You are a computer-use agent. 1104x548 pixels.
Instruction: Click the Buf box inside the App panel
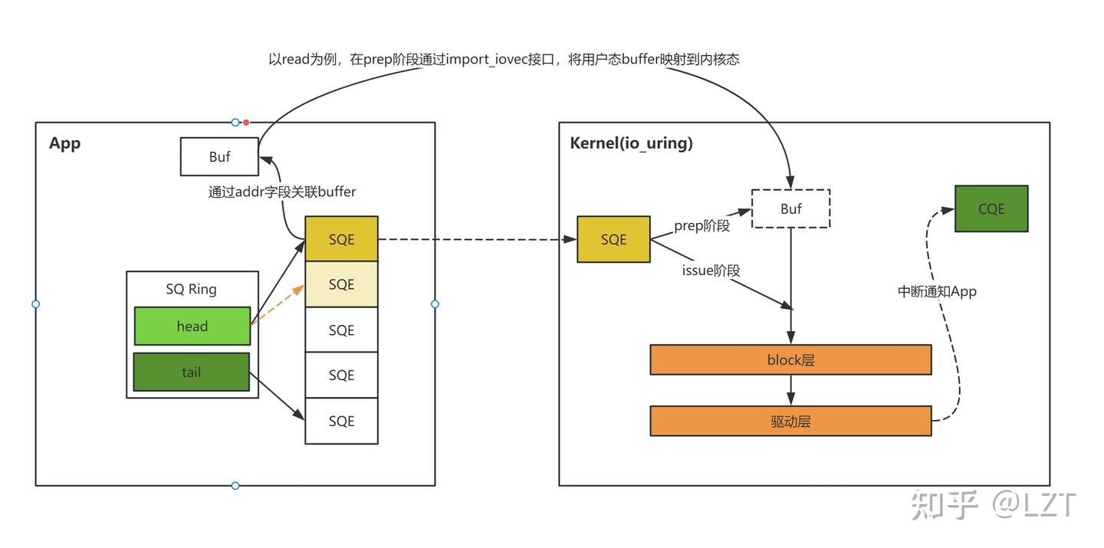pos(219,156)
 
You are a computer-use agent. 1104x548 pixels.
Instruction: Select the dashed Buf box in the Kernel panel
pos(790,208)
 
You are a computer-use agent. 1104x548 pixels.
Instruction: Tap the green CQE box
pos(991,208)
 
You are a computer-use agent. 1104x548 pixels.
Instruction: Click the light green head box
pos(192,326)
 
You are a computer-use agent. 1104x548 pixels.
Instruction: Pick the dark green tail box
pos(192,372)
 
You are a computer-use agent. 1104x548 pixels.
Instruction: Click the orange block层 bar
pos(790,359)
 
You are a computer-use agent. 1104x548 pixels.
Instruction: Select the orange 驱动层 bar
pos(790,421)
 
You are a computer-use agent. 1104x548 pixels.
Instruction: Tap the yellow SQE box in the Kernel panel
pos(613,239)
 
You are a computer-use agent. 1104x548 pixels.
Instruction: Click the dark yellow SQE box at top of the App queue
pos(341,239)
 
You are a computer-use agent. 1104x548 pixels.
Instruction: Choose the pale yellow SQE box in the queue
pos(341,284)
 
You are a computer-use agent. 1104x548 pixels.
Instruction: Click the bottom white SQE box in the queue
pos(341,421)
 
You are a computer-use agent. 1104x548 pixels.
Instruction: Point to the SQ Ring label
pos(191,289)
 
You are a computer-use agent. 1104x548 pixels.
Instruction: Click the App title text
pos(64,143)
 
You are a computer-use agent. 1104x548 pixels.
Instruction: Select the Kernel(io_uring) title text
pos(631,143)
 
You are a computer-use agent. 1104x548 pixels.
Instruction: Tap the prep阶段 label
pos(701,226)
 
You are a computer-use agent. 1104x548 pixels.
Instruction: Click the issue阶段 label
pos(710,270)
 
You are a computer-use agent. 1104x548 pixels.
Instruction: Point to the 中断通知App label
pos(937,291)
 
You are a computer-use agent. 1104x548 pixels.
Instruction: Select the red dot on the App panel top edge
pos(246,122)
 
